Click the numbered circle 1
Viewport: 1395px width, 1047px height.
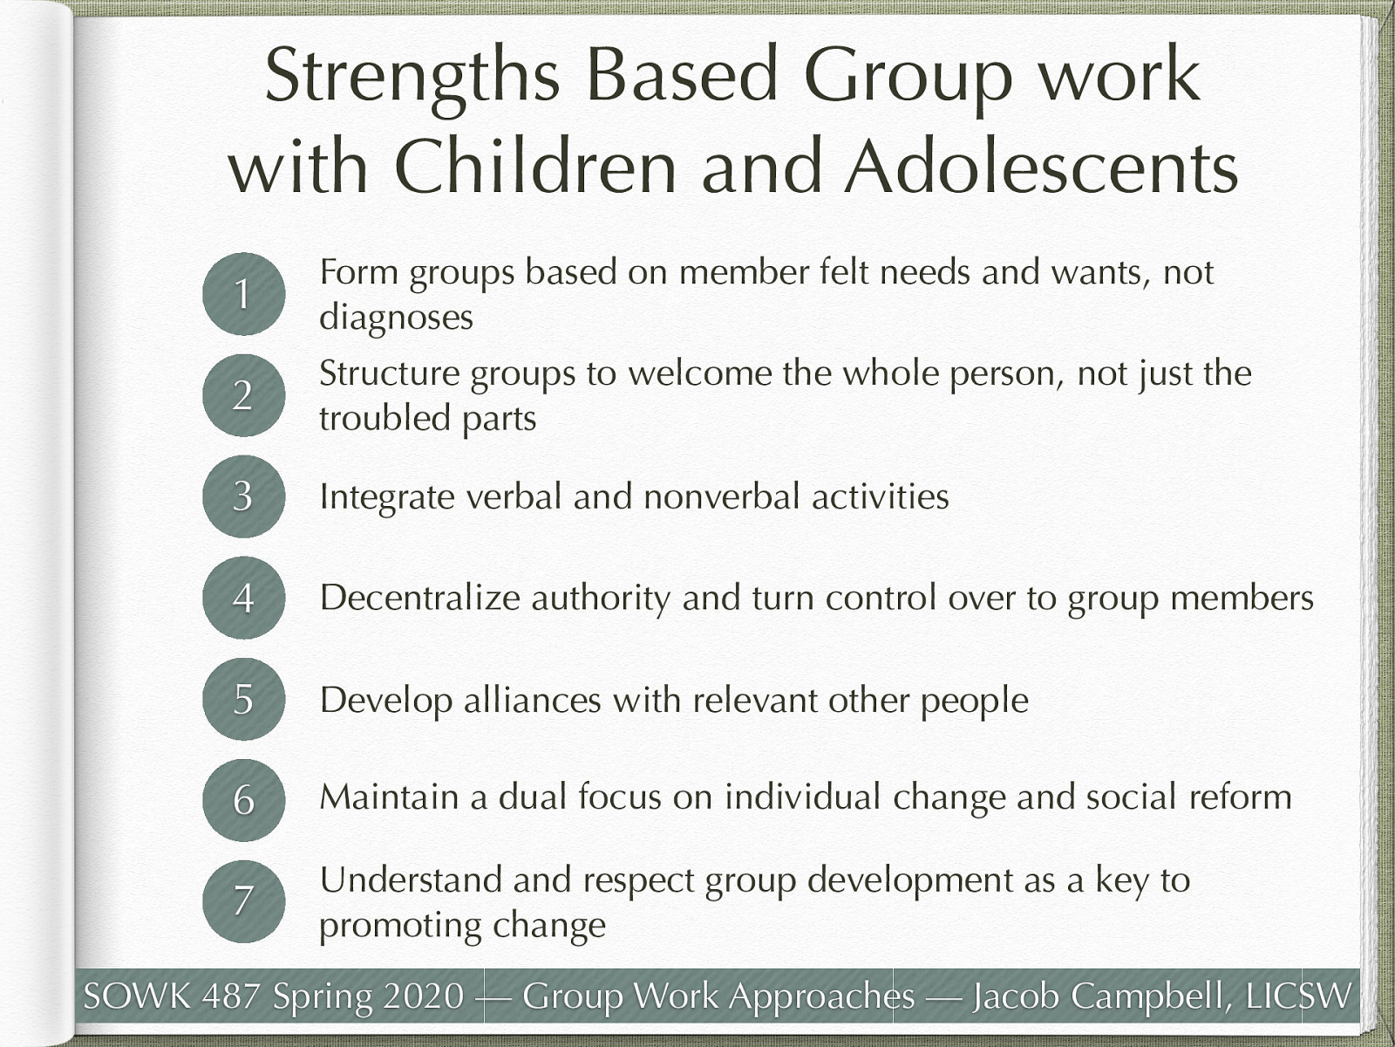243,294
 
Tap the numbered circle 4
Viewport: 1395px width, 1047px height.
243,598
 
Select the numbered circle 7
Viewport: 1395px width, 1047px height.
243,900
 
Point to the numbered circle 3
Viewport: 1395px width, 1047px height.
243,496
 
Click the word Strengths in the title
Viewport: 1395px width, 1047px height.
412,77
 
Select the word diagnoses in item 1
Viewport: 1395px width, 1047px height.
396,317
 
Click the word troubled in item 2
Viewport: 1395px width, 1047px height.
384,418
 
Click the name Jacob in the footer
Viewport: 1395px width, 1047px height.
1017,996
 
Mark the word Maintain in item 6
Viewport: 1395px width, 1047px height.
389,797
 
